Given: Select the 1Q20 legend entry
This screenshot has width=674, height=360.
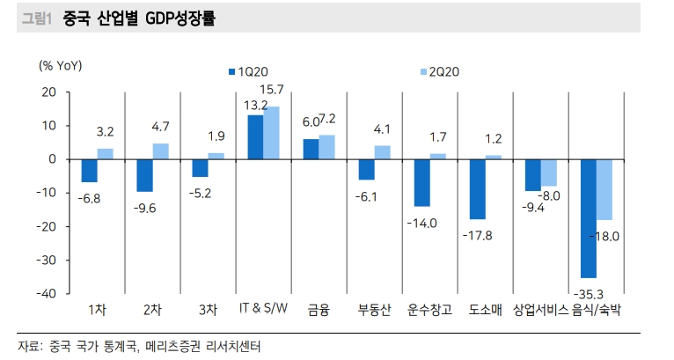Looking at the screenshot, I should [x=248, y=71].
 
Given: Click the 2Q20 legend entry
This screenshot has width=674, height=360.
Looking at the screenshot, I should [x=439, y=71].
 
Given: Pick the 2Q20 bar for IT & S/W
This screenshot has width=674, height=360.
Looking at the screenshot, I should [x=271, y=133].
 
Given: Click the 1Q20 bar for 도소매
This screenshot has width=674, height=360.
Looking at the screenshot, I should [x=477, y=189].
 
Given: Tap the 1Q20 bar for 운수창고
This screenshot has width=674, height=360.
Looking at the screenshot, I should [x=421, y=183].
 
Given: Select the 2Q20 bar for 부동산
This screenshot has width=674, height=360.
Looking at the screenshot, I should [x=382, y=152].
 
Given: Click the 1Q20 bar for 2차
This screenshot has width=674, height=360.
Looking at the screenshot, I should [x=144, y=175].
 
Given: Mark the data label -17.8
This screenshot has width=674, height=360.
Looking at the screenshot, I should [x=477, y=235].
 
